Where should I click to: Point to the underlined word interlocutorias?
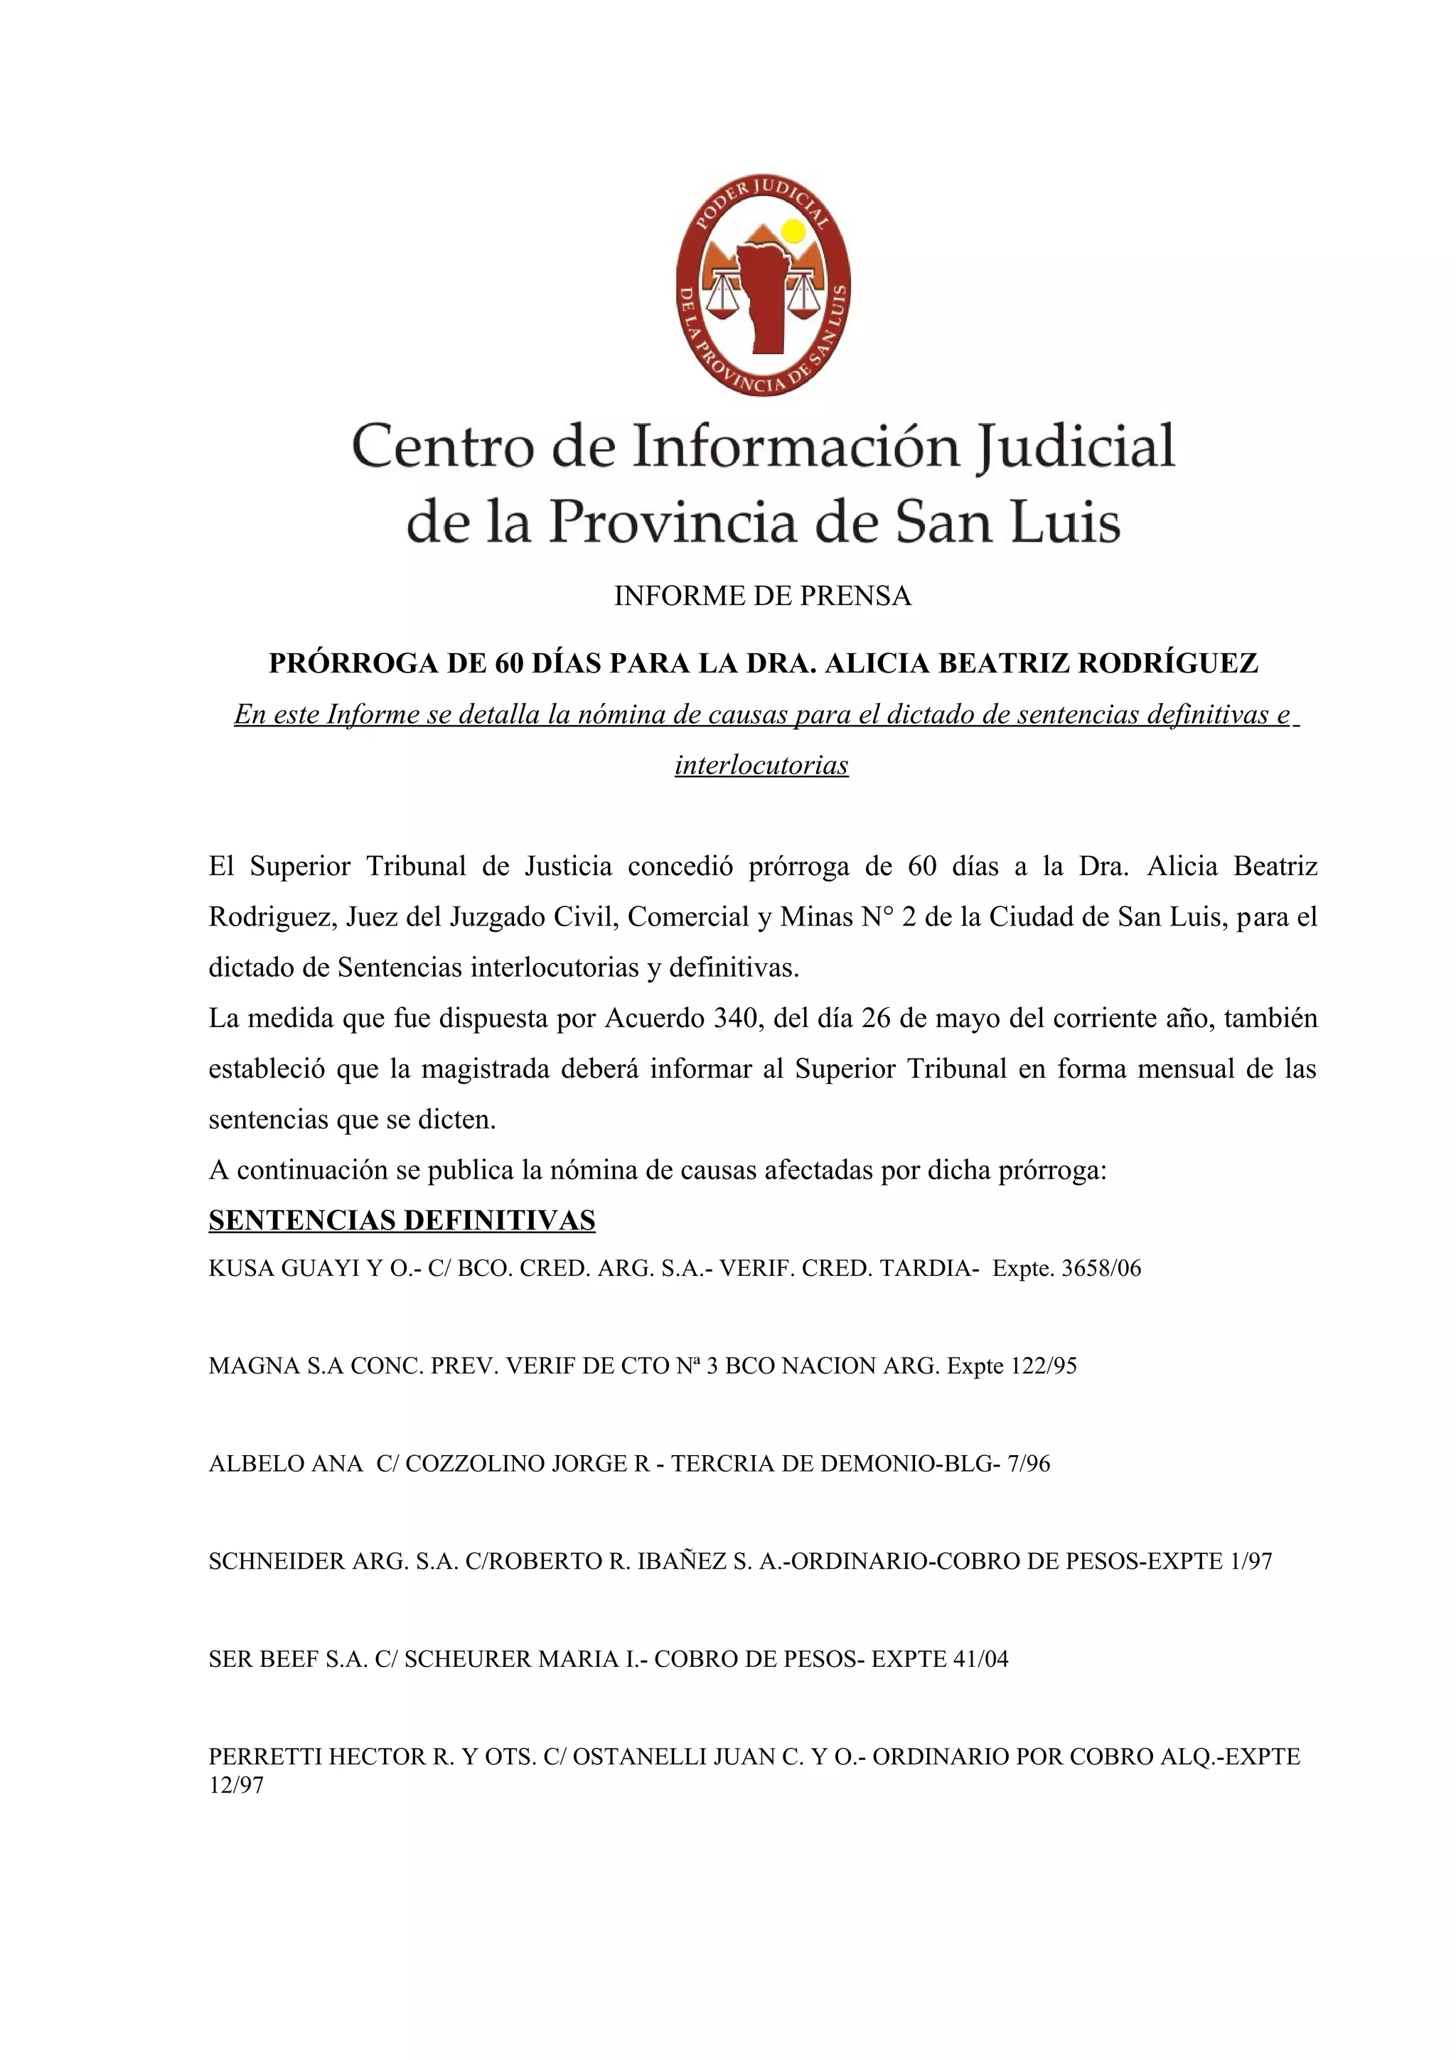(x=761, y=766)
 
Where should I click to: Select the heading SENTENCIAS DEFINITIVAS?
(x=402, y=1221)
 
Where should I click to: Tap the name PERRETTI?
(x=264, y=1756)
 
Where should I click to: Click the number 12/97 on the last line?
(x=236, y=1786)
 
